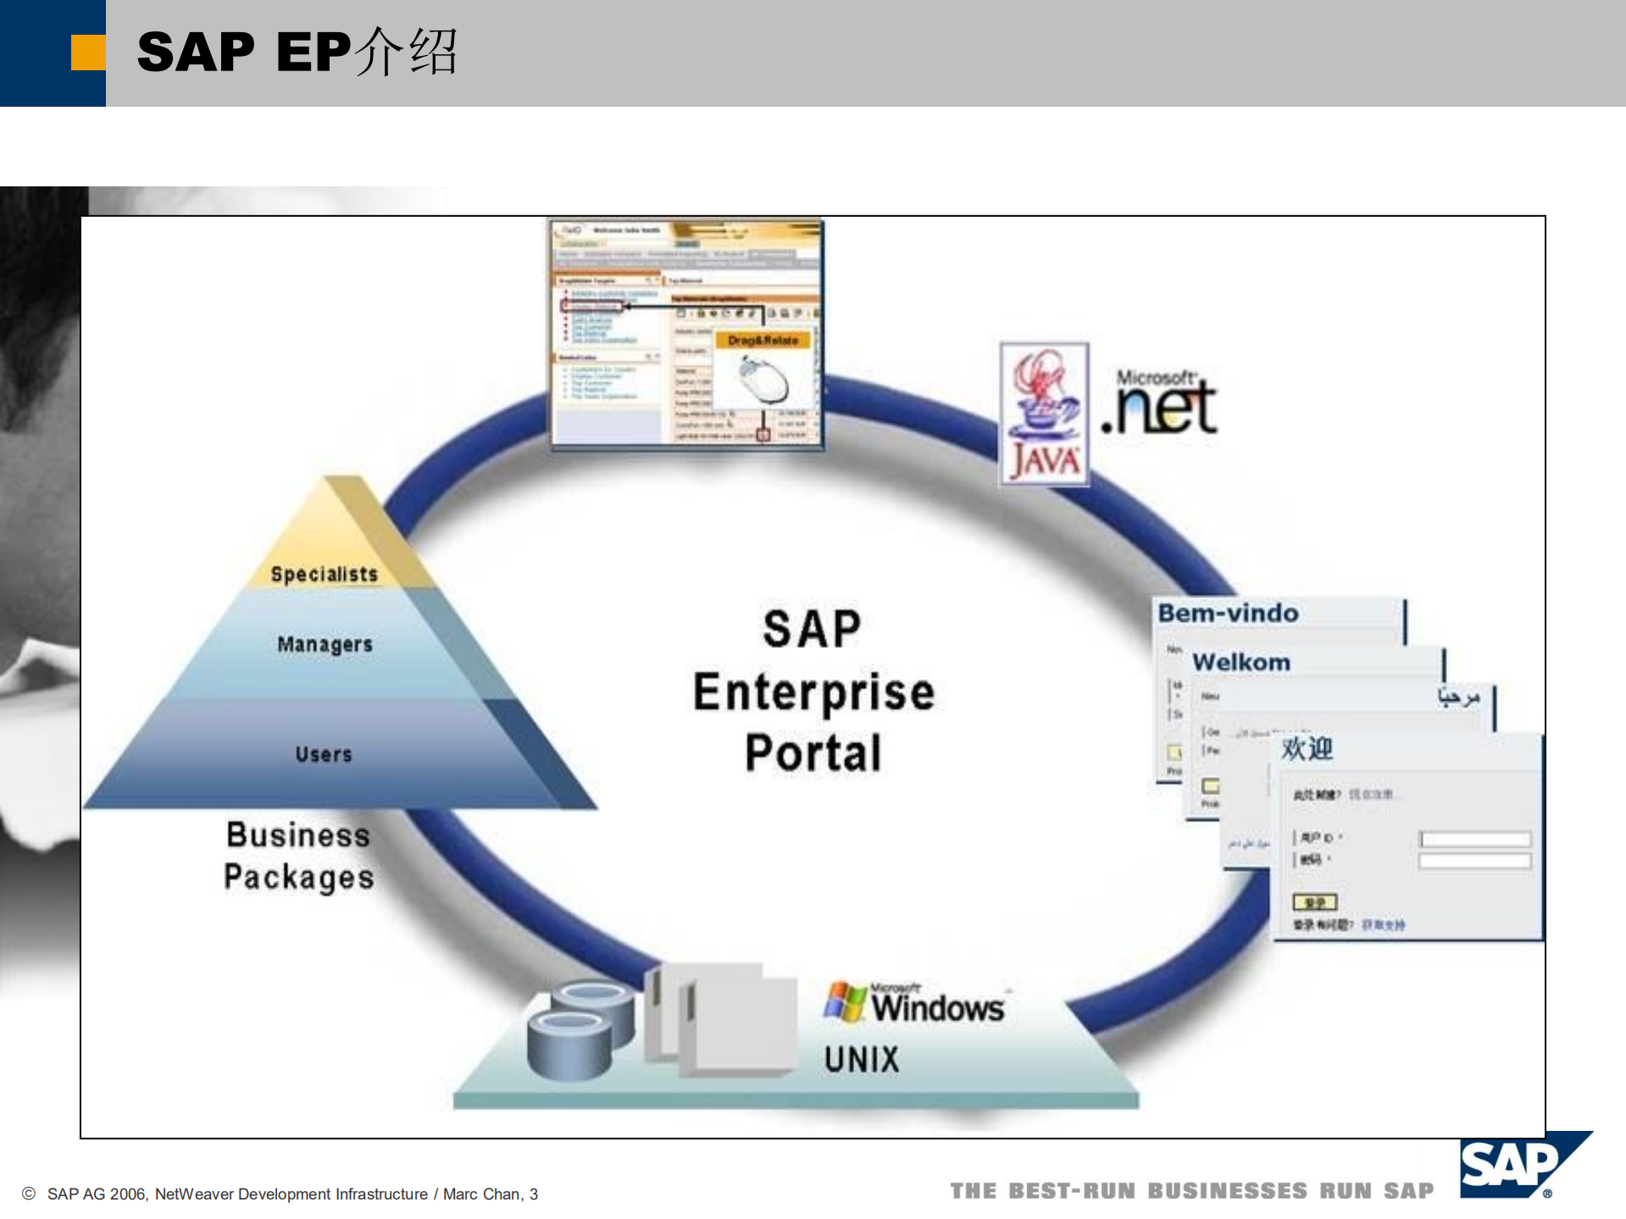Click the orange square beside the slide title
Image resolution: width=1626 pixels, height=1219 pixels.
(88, 52)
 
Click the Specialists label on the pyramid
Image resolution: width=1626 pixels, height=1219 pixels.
(324, 574)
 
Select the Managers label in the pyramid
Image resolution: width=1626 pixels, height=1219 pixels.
(325, 645)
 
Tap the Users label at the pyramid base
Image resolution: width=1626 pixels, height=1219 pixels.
(324, 754)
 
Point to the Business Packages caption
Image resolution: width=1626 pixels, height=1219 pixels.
(298, 856)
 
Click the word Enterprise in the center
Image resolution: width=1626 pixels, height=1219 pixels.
(813, 692)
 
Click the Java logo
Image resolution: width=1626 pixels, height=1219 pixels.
(1044, 413)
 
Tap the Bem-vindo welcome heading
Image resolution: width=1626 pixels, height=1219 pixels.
(1228, 612)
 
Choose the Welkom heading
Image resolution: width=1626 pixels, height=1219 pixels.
(1241, 662)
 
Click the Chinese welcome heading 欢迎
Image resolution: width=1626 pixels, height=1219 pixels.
(1307, 748)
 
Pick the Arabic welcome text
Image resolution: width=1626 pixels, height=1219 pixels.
(1457, 697)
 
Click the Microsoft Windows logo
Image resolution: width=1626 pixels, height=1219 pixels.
(915, 1004)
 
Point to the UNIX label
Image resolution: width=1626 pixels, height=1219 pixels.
(862, 1059)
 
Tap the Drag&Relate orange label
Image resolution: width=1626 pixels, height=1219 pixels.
(763, 340)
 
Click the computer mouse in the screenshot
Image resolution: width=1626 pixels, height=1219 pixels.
(764, 380)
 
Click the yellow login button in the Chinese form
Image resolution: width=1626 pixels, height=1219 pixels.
(1314, 902)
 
